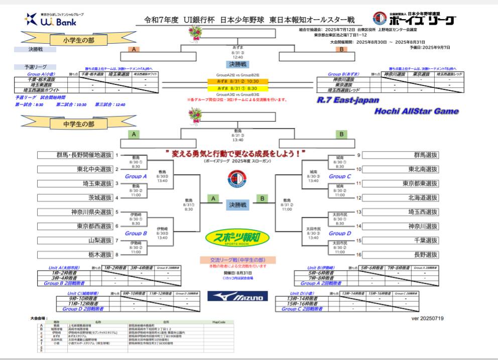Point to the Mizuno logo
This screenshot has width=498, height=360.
(237, 297)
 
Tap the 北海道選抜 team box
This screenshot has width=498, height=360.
(400, 197)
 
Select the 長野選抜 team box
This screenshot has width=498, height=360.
(400, 255)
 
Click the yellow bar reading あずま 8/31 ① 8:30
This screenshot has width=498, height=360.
(237, 88)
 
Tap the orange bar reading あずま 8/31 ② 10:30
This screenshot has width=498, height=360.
(237, 81)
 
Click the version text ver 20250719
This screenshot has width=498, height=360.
(427, 318)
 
